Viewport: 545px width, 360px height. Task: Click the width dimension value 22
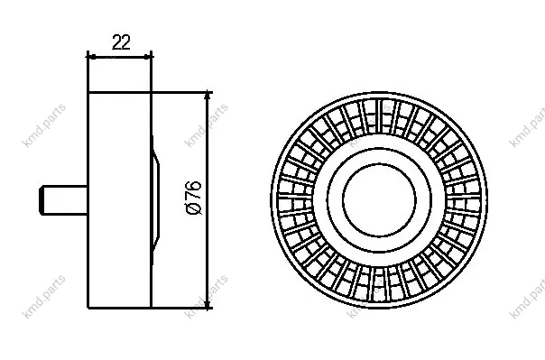(121, 42)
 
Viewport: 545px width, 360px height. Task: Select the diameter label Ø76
(194, 198)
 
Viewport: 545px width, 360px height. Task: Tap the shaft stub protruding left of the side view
(63, 200)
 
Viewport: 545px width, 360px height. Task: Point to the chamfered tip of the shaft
(42, 200)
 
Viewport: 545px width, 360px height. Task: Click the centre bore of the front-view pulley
(379, 199)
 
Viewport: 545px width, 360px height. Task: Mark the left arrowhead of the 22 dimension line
(91, 57)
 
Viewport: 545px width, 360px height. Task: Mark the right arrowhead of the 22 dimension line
(148, 57)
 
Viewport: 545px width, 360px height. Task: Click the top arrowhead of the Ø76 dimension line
(208, 97)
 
